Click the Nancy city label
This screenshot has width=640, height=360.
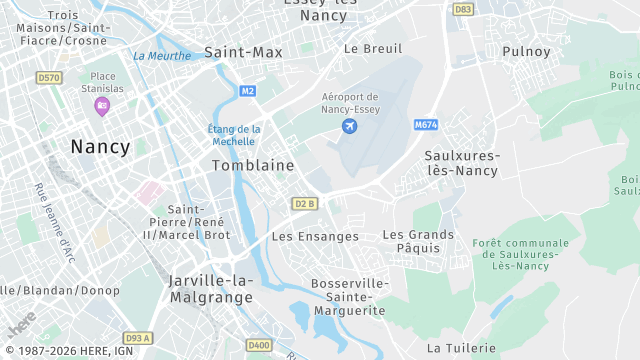point(100,147)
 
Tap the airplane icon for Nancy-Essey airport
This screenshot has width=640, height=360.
point(349,126)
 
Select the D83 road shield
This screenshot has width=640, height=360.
point(463,9)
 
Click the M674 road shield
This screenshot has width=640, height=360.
point(426,125)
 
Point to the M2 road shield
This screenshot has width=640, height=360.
point(248,91)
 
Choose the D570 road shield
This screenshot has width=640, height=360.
point(48,77)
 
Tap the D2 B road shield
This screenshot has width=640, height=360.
point(305,204)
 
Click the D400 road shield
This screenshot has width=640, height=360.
point(259,346)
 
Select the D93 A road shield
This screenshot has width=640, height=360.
point(137,338)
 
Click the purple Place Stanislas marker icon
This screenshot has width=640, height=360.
point(101,106)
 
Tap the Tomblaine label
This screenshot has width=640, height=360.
point(253,165)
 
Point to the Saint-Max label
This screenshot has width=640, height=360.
point(243,51)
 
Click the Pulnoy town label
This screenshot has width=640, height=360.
point(527,51)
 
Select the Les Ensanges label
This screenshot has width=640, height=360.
point(315,237)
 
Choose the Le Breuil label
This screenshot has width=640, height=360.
point(372,48)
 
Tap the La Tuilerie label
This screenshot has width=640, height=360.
point(461,348)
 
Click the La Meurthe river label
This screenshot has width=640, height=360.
point(161,56)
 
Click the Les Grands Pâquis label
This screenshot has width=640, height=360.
point(418,241)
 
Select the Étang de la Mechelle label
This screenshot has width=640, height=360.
point(234,135)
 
